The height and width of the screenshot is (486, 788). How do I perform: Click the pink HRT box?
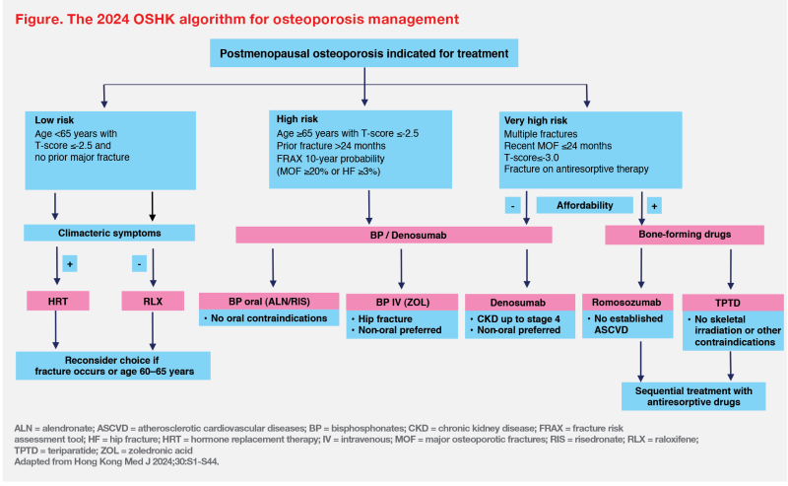(x=58, y=301)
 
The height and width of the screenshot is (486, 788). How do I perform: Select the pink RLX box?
(x=153, y=301)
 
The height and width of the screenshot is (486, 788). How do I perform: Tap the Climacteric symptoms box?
(x=109, y=233)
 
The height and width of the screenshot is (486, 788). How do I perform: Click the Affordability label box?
(x=584, y=205)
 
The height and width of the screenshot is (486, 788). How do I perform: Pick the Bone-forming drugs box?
(x=685, y=235)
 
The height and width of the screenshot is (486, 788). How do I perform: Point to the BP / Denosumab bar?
(x=394, y=235)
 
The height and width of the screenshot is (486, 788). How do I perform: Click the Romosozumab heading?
(x=627, y=303)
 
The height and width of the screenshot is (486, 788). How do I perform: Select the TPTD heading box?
(x=733, y=303)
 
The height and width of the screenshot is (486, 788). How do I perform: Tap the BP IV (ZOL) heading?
(x=402, y=303)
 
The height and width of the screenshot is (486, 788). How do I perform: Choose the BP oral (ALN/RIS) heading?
(x=269, y=302)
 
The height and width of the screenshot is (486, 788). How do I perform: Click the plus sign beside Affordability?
(x=654, y=206)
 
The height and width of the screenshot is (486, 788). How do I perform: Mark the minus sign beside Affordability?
(x=512, y=205)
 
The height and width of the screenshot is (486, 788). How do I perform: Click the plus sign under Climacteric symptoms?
(x=70, y=264)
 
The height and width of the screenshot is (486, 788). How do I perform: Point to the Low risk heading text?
(x=54, y=120)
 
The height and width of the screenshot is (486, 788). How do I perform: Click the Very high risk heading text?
(x=536, y=120)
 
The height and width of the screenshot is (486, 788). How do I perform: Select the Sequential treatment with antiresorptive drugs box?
(x=693, y=396)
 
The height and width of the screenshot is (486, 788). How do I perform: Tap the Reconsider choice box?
(x=113, y=366)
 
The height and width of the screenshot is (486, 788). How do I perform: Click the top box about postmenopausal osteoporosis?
(x=363, y=53)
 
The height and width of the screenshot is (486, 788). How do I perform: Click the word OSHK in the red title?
(x=155, y=19)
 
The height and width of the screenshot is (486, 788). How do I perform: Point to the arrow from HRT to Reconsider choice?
(x=56, y=330)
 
